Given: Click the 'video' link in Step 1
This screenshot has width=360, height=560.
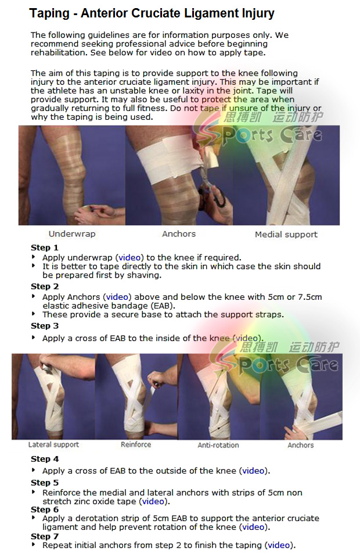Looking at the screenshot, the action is click(129, 257).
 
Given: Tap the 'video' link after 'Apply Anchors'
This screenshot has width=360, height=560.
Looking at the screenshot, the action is click(117, 297).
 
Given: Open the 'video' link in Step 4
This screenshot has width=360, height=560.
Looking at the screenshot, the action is click(253, 471).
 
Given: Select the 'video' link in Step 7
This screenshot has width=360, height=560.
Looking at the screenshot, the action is click(279, 545).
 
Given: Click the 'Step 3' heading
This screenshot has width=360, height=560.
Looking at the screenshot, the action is click(45, 326).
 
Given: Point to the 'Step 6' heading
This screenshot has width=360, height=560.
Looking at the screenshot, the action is click(45, 509).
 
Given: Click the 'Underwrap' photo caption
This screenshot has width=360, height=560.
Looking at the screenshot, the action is click(72, 234).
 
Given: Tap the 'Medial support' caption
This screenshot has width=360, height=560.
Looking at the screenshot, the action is click(286, 235).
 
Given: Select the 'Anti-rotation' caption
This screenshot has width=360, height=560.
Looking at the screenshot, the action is click(218, 446).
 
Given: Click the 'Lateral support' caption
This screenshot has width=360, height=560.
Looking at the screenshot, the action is click(53, 444).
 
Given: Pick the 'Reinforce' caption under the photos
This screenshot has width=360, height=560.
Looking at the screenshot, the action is click(136, 444).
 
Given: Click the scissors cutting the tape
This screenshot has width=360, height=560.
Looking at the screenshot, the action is click(213, 188).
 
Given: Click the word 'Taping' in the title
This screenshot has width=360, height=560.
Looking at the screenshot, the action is click(49, 13).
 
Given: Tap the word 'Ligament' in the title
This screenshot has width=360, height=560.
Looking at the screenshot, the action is click(207, 13).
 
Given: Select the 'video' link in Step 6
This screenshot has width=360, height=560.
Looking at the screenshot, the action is click(253, 527).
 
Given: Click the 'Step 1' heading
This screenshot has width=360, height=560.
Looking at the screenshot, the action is click(45, 247).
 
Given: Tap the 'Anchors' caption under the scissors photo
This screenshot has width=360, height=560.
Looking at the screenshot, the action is click(179, 234).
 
